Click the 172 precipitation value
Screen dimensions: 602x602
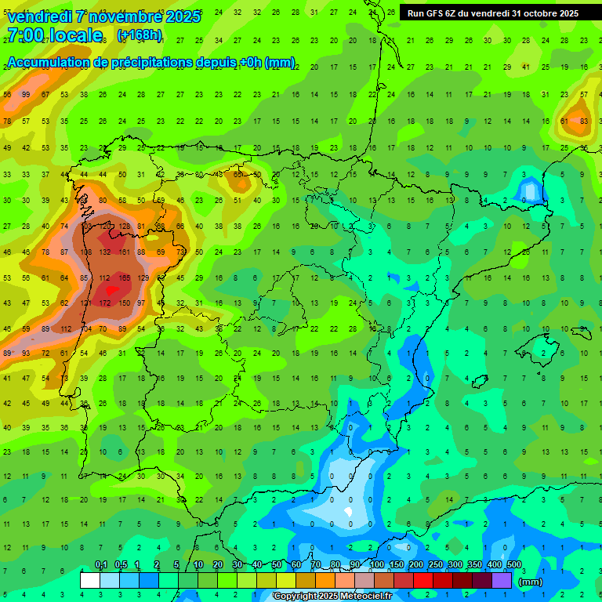(x=105, y=303)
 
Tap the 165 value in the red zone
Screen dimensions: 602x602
(x=124, y=277)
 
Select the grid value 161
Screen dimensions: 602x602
(x=124, y=252)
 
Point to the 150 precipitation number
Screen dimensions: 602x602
(x=124, y=303)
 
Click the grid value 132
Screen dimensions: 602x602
(x=105, y=252)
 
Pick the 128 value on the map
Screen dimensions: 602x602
(x=124, y=226)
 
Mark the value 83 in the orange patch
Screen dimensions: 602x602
(x=584, y=121)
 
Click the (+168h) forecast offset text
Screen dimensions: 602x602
(x=140, y=35)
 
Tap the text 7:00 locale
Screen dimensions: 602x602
(x=54, y=35)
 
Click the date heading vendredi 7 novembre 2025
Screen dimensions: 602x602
(x=103, y=16)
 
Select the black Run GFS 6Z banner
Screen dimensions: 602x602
(x=493, y=13)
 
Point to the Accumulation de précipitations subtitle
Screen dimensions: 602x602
(x=150, y=63)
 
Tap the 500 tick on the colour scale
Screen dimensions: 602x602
(x=514, y=565)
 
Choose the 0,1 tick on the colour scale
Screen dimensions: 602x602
(x=101, y=565)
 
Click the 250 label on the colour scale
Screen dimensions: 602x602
(x=434, y=565)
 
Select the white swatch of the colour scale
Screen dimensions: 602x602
(x=90, y=580)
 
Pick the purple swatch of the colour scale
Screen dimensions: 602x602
(x=502, y=580)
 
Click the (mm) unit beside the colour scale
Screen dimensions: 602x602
(x=531, y=582)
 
